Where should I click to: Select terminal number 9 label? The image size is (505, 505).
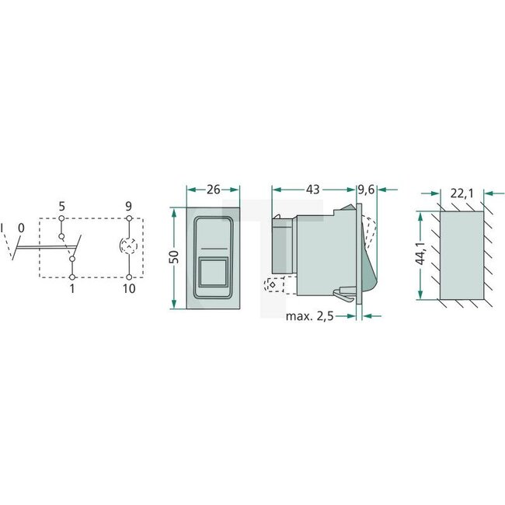point(128,207)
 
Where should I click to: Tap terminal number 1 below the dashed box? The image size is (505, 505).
point(71,289)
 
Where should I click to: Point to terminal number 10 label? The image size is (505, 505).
point(128,289)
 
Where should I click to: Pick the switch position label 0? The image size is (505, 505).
point(21,228)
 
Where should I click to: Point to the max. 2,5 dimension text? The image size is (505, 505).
point(315,316)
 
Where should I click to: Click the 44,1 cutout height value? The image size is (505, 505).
point(420,254)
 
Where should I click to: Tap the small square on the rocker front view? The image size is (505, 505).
point(213,273)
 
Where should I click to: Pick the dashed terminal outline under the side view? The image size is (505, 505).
point(271,284)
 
